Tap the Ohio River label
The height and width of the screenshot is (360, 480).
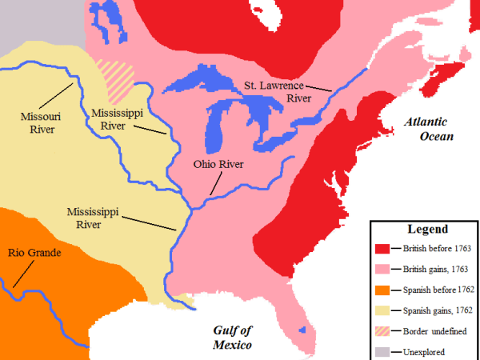[218, 165]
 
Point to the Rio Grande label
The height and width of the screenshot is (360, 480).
[34, 253]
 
